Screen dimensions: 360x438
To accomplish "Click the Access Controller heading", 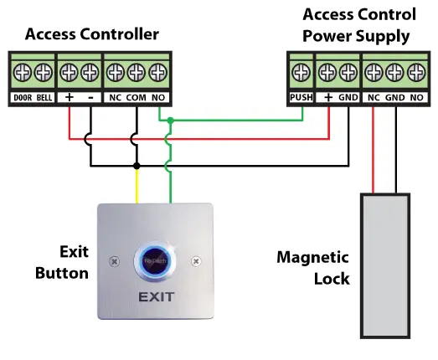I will tap(91, 33).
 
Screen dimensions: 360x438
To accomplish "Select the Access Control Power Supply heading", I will tap(358, 25).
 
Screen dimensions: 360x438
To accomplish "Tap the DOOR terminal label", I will tap(22, 98).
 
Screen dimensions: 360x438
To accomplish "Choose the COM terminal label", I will tap(135, 98).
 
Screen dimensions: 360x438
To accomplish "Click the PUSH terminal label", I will tap(300, 98).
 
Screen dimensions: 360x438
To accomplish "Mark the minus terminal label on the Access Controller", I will tap(90, 98).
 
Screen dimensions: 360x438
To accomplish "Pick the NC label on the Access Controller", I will tap(115, 98).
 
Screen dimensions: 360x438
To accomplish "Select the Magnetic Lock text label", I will tap(313, 268).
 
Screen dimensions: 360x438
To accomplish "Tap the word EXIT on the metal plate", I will tap(156, 297).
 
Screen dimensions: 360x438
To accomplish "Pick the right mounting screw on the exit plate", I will tap(197, 261).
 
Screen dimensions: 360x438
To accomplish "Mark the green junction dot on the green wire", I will tap(170, 121).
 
